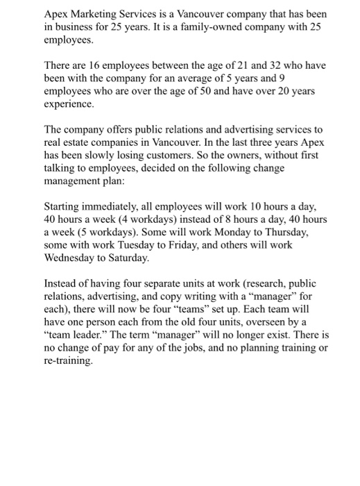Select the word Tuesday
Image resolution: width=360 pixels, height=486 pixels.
tap(138, 246)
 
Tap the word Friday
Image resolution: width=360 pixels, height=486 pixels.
tap(191, 246)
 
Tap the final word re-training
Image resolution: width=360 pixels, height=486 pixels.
tap(67, 362)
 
